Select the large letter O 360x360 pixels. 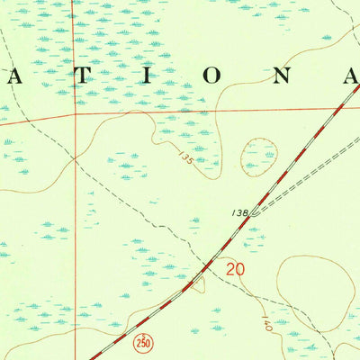(x=209, y=76)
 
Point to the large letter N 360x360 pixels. (x=281, y=76)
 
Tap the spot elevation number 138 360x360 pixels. (x=238, y=211)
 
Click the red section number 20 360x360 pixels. (x=236, y=268)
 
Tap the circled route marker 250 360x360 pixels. (x=143, y=344)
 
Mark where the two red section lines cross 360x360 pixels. (x=76, y=114)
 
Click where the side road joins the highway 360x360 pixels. (x=253, y=214)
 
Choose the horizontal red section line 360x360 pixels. (x=216, y=111)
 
